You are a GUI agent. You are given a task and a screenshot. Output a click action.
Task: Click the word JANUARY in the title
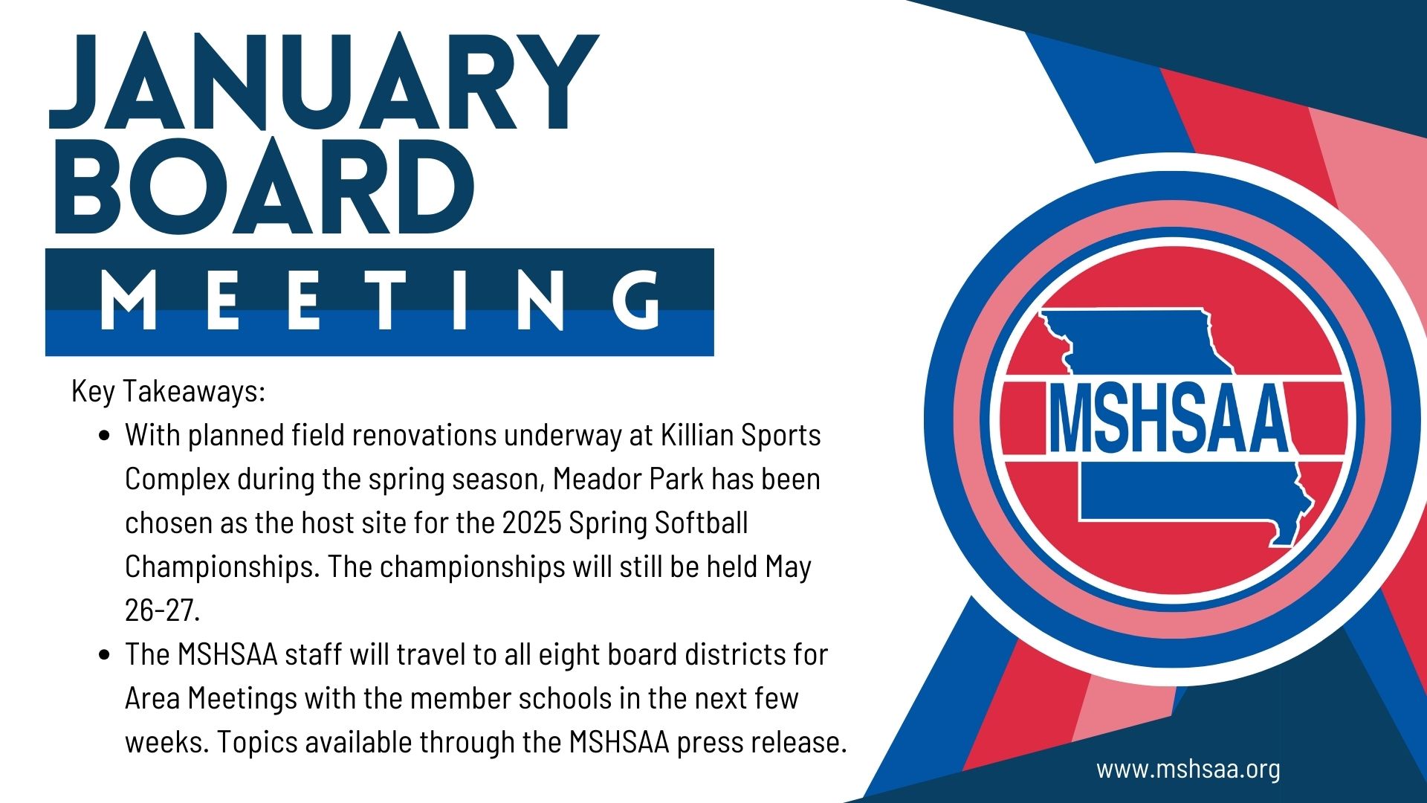pyautogui.click(x=324, y=83)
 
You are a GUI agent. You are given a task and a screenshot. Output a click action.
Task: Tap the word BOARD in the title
pyautogui.click(x=264, y=186)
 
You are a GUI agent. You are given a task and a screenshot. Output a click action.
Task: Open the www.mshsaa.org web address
pyautogui.click(x=1188, y=769)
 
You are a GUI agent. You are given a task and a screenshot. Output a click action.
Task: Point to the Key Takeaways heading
pyautogui.click(x=168, y=390)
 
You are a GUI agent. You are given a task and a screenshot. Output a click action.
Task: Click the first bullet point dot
pyautogui.click(x=105, y=436)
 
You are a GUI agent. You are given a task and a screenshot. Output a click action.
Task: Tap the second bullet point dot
pyautogui.click(x=105, y=655)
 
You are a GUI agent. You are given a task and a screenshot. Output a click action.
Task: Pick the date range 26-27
pyautogui.click(x=162, y=610)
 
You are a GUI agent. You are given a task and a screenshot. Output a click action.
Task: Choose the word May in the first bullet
pyautogui.click(x=789, y=567)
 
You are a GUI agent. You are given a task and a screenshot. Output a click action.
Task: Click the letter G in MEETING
pyautogui.click(x=637, y=299)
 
